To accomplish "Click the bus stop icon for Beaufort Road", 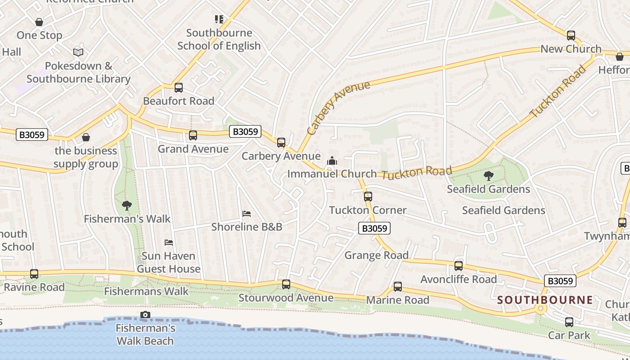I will (x=179, y=88).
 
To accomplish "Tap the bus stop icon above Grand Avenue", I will (x=193, y=135).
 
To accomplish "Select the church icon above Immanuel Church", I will (x=332, y=161).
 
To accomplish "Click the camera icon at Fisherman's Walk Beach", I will (x=145, y=315).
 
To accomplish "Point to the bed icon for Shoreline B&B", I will (x=246, y=213).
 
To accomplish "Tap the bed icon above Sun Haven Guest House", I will (x=169, y=243).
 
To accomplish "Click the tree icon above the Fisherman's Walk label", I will (x=127, y=206).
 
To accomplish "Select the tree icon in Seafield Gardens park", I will (x=488, y=176).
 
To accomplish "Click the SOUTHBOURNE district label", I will (x=545, y=300).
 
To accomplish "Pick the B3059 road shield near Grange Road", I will (x=374, y=228).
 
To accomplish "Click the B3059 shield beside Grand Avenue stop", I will (x=245, y=131).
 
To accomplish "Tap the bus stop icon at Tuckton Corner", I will (x=368, y=197).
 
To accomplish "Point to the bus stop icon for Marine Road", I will (x=398, y=287).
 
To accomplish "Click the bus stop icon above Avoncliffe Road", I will (x=459, y=266).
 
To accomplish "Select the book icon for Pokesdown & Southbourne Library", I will (x=78, y=52).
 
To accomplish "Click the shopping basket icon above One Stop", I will (x=39, y=22).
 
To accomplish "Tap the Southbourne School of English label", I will (x=219, y=39).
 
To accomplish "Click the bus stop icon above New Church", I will (x=571, y=36).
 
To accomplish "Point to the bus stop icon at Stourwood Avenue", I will (x=286, y=284).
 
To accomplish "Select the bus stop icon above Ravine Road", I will (x=34, y=274).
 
